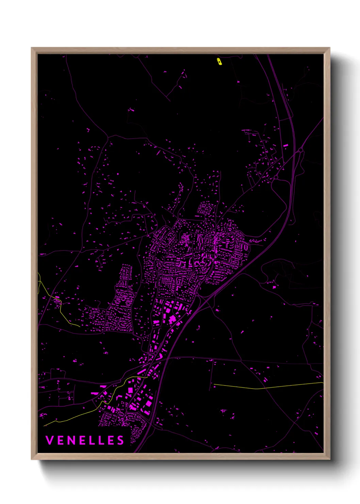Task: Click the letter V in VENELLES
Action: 49,440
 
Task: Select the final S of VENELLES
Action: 121,440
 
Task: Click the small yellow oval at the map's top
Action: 219,61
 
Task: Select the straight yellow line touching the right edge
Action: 272,386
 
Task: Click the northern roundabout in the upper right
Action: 300,150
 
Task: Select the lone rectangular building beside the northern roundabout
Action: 286,145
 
